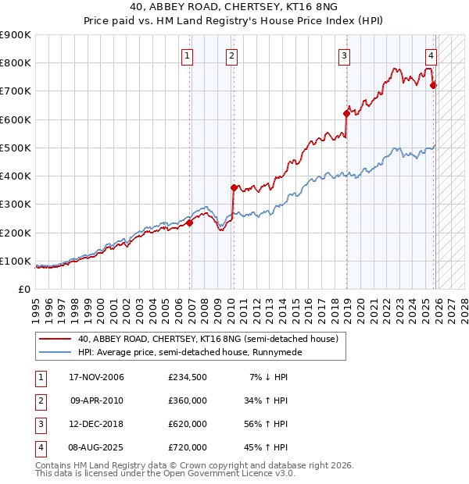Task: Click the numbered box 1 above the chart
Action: [x=188, y=55]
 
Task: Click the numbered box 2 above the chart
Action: [x=233, y=55]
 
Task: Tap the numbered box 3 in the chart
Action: [x=344, y=55]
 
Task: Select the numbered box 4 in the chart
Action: [x=431, y=55]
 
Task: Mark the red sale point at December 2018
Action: [x=346, y=113]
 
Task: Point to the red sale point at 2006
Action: [x=189, y=222]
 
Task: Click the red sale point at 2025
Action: [x=434, y=85]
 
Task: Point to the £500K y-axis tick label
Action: [x=15, y=148]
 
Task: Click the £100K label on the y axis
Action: [x=15, y=261]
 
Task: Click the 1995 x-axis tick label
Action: [x=35, y=305]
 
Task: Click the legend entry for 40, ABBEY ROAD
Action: [x=207, y=339]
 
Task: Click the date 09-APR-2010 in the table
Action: [x=96, y=400]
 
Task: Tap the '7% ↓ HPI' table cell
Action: [x=269, y=377]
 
